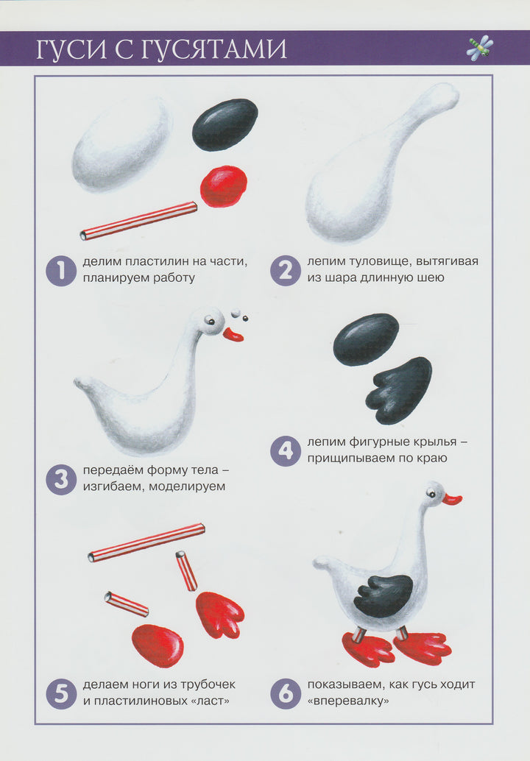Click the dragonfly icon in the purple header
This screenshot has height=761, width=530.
pos(480,48)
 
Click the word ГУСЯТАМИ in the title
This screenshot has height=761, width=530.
pos(214,49)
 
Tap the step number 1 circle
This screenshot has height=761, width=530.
pos(61,270)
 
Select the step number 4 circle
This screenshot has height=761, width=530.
pos(286,451)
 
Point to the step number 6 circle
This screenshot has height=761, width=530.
pos(286,693)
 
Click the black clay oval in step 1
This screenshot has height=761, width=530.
pos(225,124)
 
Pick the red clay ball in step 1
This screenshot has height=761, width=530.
pos(224,186)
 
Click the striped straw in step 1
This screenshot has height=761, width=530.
pos(138,221)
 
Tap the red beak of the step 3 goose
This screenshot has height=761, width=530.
pos(233,335)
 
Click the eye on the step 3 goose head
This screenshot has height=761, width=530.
pos(210,320)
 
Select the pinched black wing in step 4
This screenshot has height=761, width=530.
pos(398,390)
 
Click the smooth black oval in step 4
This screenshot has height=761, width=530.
pos(366,339)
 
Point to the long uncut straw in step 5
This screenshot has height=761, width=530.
pos(146,542)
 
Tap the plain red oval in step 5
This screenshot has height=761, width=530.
pos(158,645)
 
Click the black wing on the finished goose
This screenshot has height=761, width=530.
pos(384,596)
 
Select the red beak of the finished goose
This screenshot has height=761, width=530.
pos(452,498)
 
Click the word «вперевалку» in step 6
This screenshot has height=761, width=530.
pos(348,701)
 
